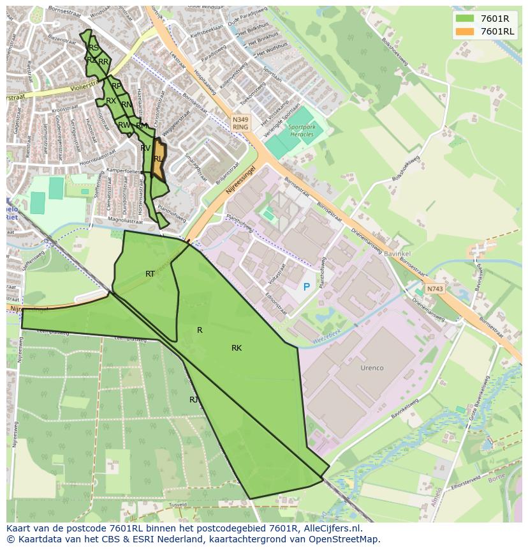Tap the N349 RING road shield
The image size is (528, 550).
click(240, 123)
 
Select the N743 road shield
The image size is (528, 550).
click(434, 289)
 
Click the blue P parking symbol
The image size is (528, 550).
click(306, 287)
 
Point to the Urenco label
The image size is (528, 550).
click(372, 368)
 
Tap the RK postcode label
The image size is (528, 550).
click(237, 348)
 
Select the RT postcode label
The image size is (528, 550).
click(150, 274)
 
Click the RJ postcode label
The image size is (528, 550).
click(194, 400)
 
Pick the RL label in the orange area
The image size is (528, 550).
click(158, 159)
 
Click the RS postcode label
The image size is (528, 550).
click(94, 48)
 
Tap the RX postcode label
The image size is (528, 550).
click(111, 101)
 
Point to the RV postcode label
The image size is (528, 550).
click(145, 148)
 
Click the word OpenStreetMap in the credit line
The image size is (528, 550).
click(344, 539)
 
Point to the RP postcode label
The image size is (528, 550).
click(116, 86)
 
